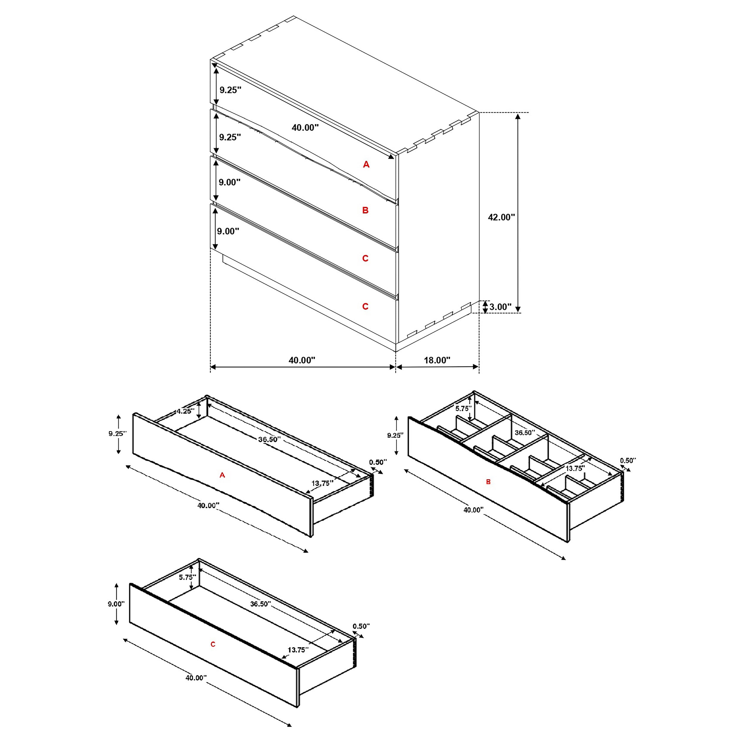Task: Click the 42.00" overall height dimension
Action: pos(501,217)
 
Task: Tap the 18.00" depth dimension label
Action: pos(437,360)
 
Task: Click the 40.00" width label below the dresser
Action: pos(302,360)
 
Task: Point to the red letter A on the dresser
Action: pos(366,165)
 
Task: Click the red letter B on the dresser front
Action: pos(365,210)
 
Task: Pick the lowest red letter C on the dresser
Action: pos(365,306)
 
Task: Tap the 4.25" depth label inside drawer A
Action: pos(185,411)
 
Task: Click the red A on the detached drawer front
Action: pos(222,475)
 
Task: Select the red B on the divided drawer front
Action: pos(488,482)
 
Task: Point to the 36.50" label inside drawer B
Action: pos(525,433)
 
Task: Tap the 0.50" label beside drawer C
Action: pos(361,626)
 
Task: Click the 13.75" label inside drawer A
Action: pos(322,484)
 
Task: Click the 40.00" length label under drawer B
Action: pos(473,510)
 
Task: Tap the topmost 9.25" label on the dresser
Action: pos(230,90)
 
